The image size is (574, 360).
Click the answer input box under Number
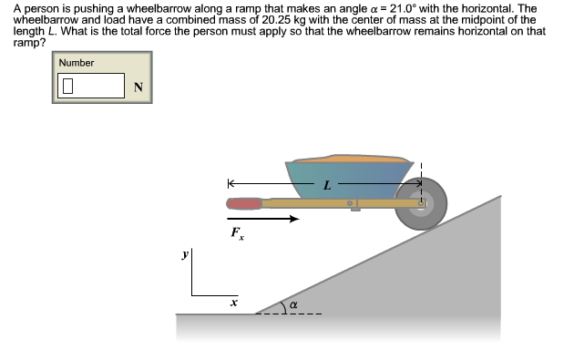(x=91, y=86)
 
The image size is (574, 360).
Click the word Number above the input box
(x=77, y=63)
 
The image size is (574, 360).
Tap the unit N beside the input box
(x=138, y=87)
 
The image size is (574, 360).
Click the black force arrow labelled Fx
(x=263, y=219)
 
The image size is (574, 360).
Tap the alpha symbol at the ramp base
(x=293, y=304)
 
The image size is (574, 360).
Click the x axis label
(x=233, y=300)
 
